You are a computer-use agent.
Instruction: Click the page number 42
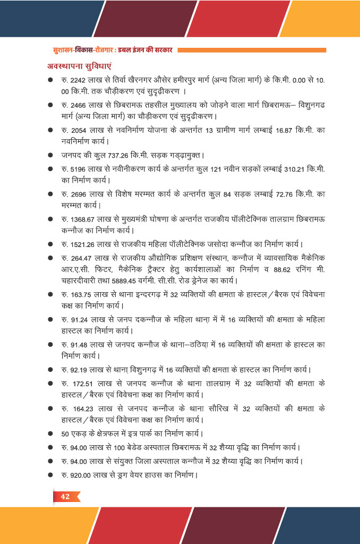pos(65,497)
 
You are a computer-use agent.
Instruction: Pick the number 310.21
pos(291,168)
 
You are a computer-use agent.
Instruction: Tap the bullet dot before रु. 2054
pos(50,130)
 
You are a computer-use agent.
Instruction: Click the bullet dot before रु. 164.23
pos(50,409)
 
